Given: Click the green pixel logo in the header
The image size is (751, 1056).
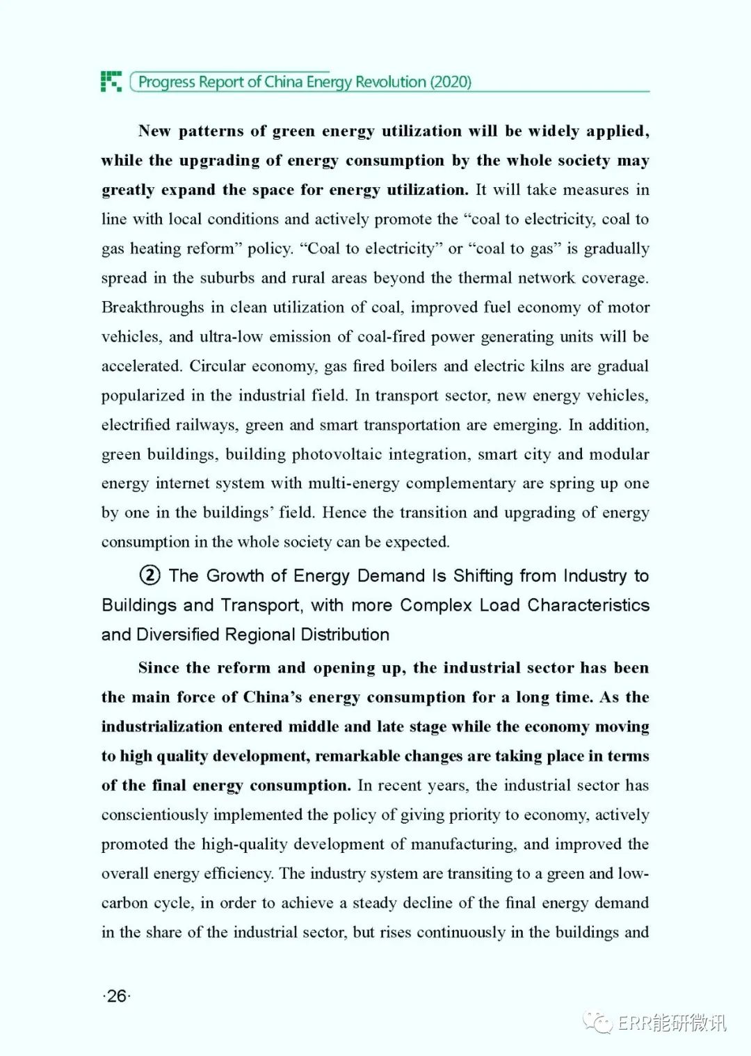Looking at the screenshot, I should coord(111,81).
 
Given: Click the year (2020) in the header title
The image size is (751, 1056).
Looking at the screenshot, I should coord(451,82).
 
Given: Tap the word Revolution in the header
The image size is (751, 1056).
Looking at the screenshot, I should coord(391,82).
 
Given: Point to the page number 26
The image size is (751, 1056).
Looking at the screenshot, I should coord(117,996).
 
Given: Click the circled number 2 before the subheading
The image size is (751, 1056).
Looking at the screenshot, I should coord(150,575).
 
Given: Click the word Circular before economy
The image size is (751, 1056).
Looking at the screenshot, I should coord(218,366).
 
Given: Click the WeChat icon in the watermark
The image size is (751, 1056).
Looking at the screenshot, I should coord(598,1021).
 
